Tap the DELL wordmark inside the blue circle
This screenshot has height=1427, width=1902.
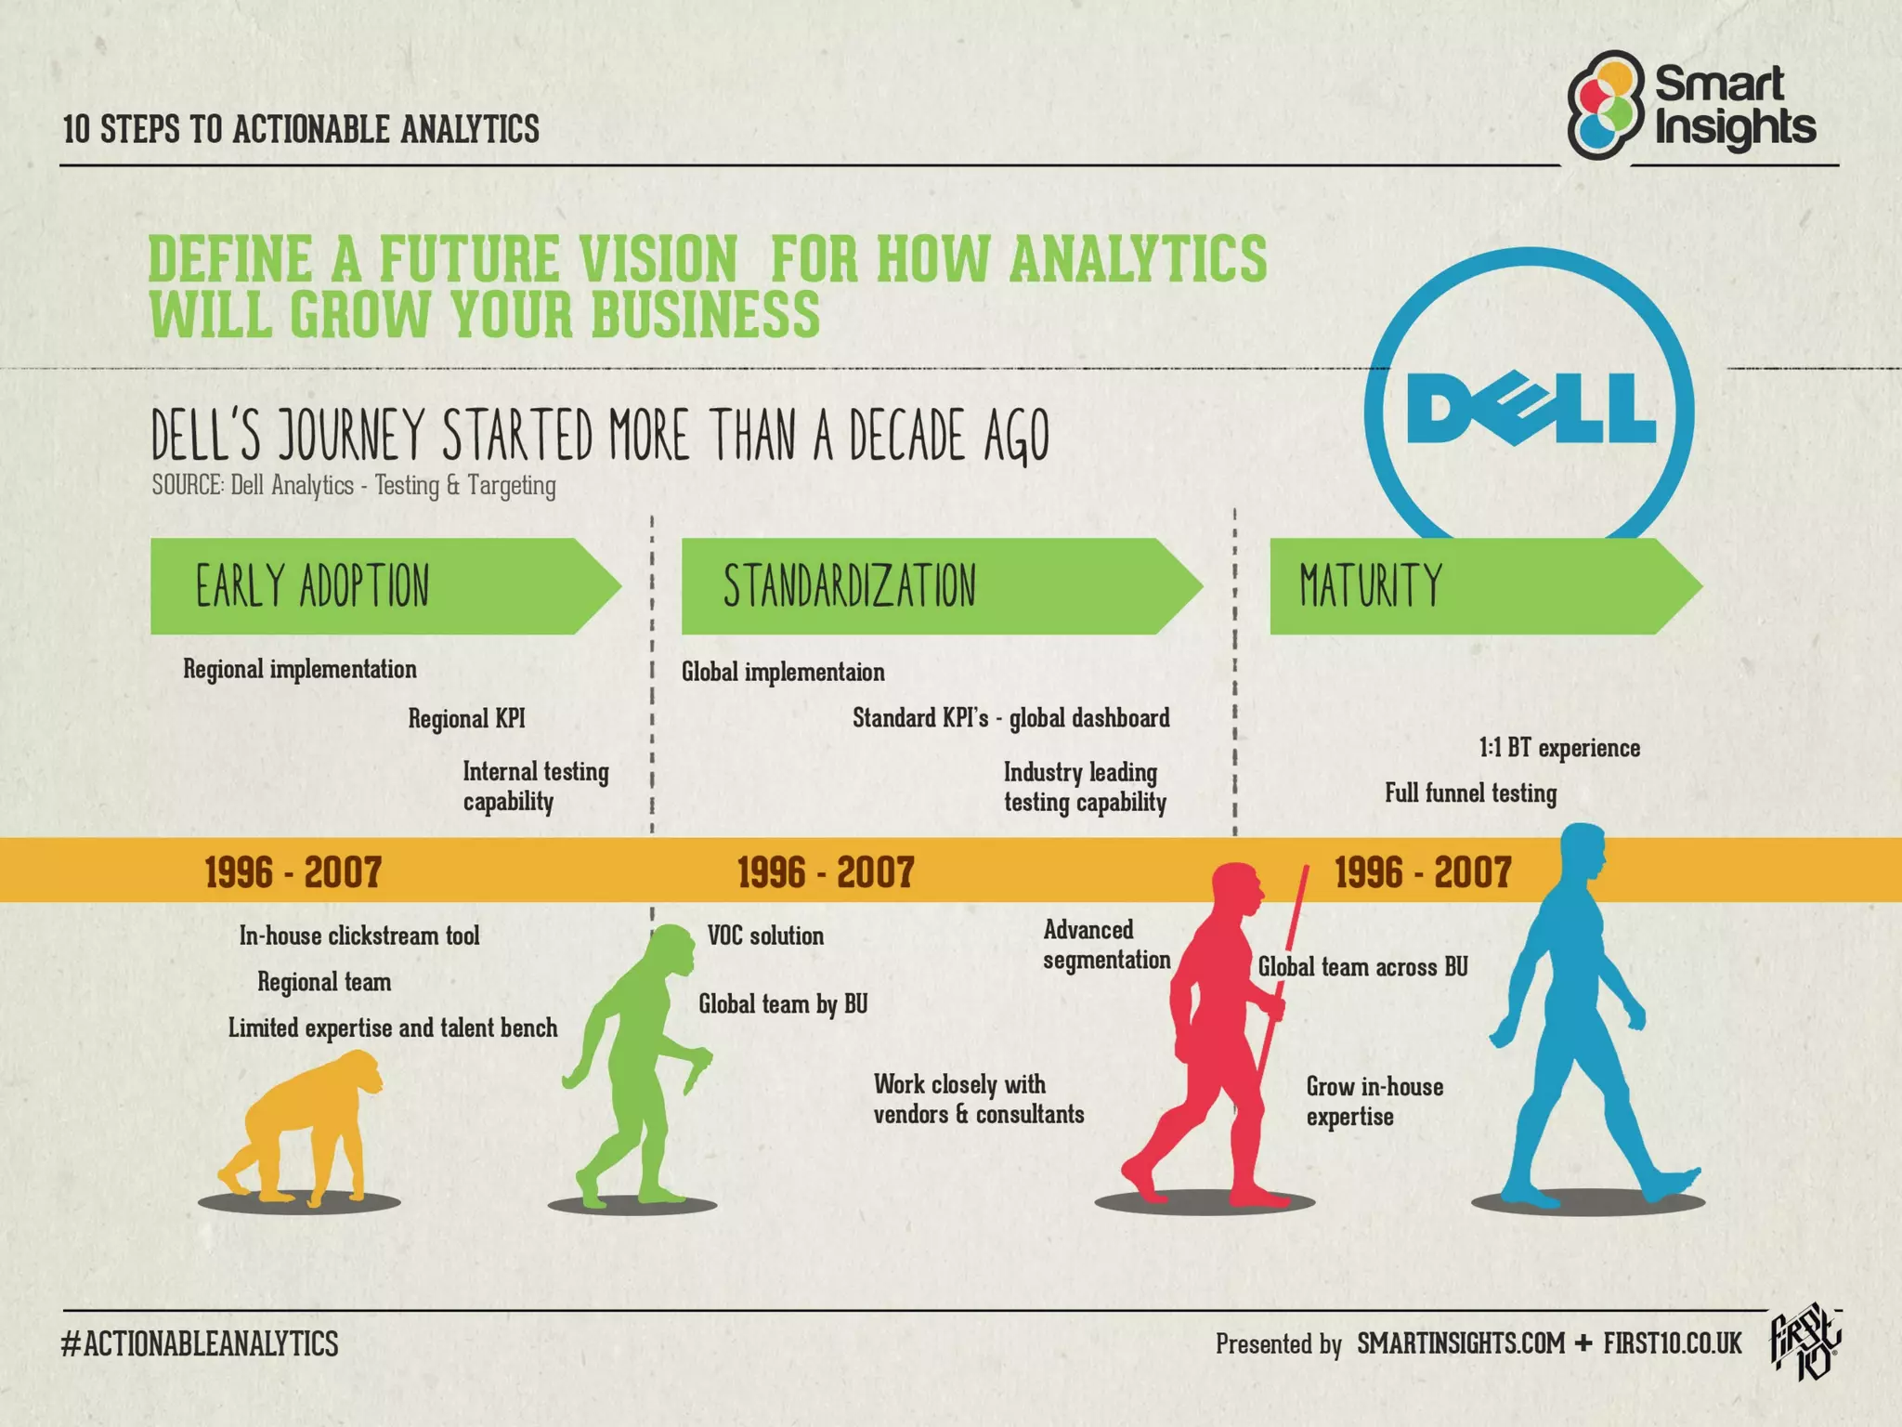[x=1531, y=410]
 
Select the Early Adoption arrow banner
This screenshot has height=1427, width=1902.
[x=371, y=586]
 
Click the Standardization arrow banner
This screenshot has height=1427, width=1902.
[x=929, y=586]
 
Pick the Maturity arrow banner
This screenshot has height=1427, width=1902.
[x=1477, y=586]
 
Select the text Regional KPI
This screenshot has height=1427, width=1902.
[x=466, y=718]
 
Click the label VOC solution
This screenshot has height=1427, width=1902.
[x=765, y=936]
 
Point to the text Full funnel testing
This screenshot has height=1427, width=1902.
[x=1470, y=793]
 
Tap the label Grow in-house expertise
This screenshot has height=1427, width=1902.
[x=1374, y=1101]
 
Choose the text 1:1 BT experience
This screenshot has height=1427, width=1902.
[x=1559, y=748]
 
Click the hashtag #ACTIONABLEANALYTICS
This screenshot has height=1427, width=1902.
[x=200, y=1343]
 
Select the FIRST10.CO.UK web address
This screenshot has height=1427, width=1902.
[x=1672, y=1343]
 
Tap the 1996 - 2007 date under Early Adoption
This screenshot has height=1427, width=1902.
[x=293, y=872]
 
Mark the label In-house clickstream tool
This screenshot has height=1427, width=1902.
[x=359, y=936]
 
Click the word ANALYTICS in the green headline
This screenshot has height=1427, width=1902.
[x=1138, y=259]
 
